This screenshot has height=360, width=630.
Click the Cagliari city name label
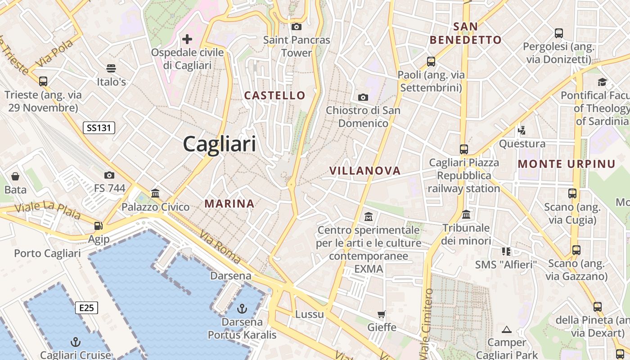[x=220, y=144]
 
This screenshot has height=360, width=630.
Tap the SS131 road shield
[x=99, y=128]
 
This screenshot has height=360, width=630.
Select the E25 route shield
[x=86, y=308]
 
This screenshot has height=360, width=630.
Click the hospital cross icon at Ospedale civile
[x=187, y=39]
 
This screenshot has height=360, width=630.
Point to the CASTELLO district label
[x=274, y=95]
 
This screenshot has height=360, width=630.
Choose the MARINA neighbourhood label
[x=229, y=204]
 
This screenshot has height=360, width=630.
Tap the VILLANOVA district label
[x=365, y=171]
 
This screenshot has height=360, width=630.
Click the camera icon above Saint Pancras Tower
[x=297, y=27]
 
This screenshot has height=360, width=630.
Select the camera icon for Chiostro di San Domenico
[x=363, y=97]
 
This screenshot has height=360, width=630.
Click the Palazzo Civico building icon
[x=156, y=193]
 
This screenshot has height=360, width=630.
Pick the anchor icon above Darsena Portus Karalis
[x=242, y=309]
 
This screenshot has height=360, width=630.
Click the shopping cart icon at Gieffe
[x=382, y=314]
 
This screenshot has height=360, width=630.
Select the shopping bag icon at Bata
[x=15, y=176]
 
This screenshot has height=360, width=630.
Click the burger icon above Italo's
[x=111, y=68]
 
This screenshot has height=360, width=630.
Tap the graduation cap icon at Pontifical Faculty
[x=602, y=82]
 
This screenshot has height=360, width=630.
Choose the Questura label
[x=522, y=144]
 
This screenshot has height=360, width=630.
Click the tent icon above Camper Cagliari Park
[x=507, y=329]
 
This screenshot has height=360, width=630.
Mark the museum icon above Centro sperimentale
[x=369, y=217]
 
